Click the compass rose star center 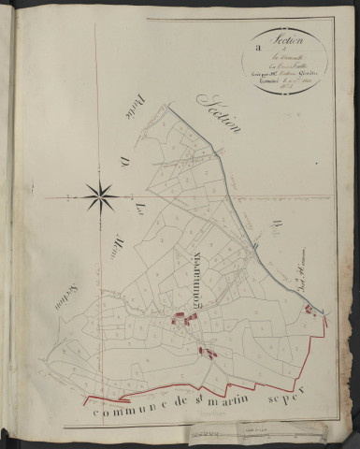point(99,196)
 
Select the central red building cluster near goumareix point(184,321)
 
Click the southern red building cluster point(208,353)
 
